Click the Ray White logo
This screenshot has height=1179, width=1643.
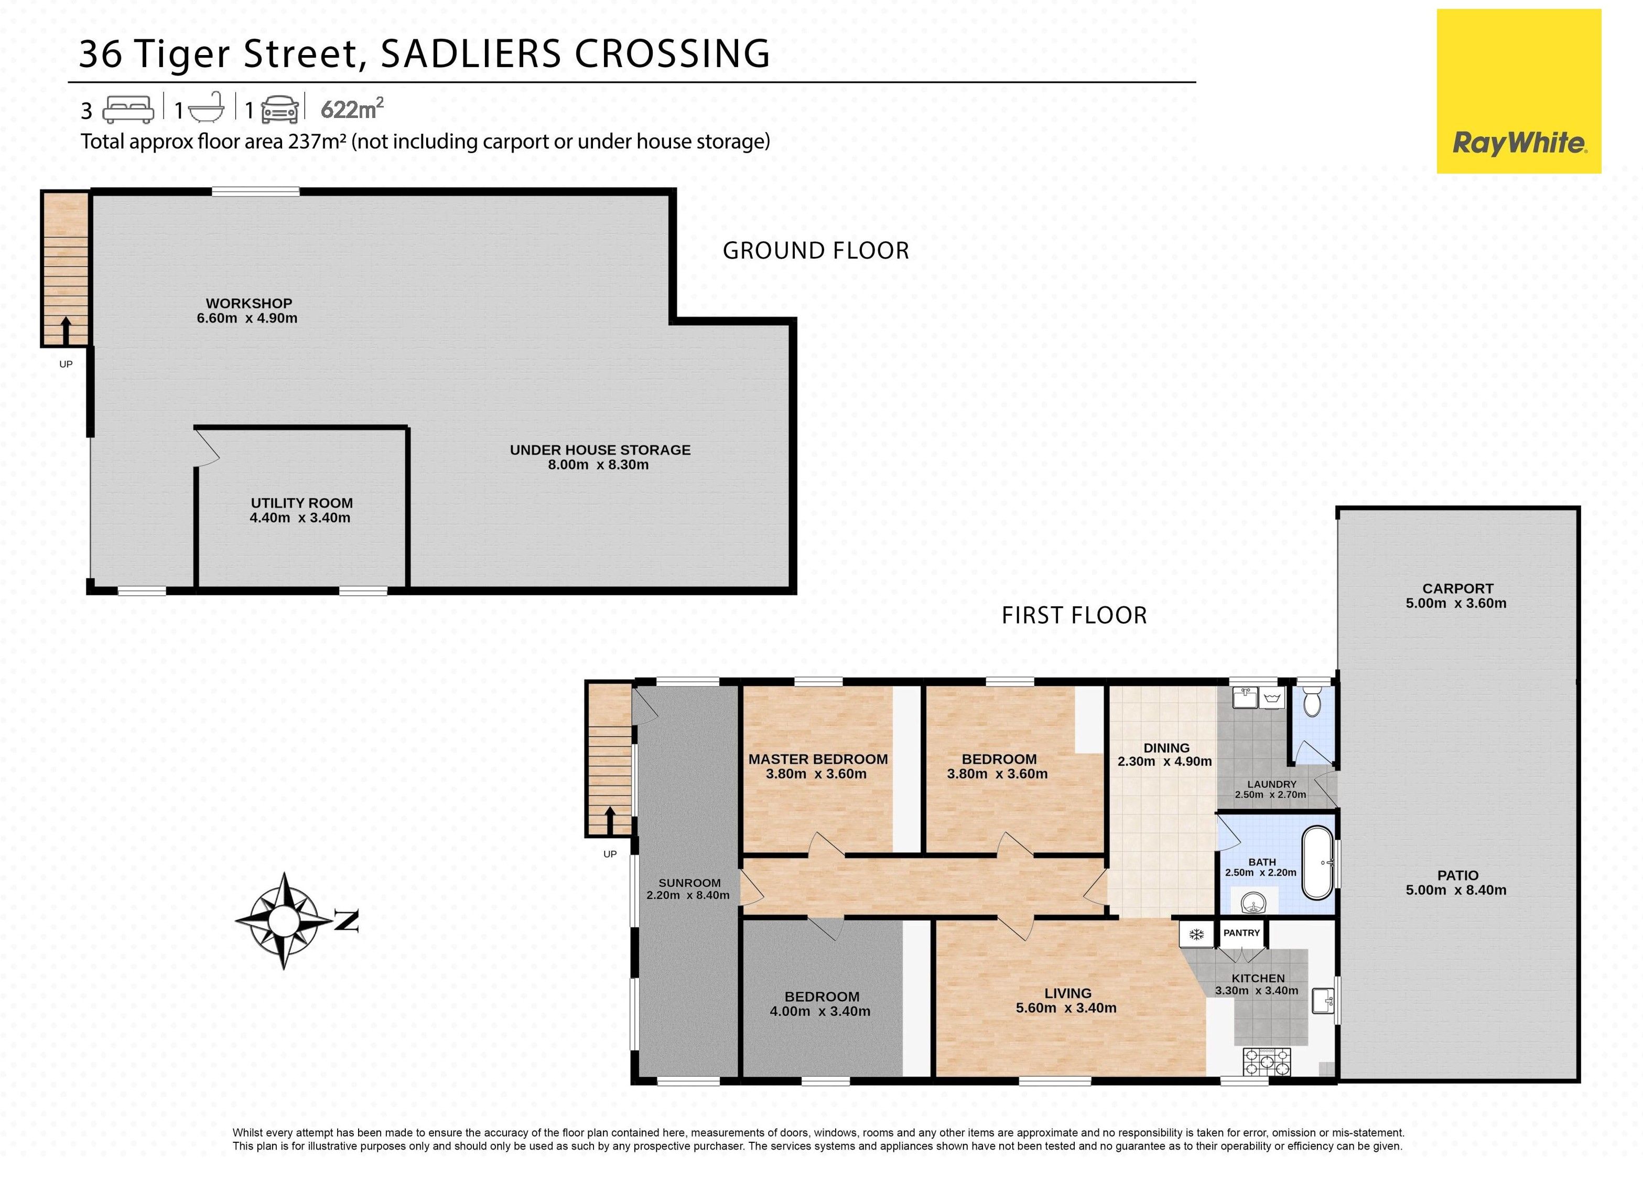coord(1518,91)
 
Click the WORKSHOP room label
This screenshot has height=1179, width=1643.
coord(248,304)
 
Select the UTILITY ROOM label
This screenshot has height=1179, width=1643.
coord(301,503)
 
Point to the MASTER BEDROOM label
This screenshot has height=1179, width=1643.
coord(818,759)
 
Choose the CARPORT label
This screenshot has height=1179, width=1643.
coord(1457,588)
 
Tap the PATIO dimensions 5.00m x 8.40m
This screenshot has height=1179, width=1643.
coord(1456,890)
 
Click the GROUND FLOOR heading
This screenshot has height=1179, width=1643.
coord(816,251)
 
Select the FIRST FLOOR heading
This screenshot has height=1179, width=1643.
coord(1074,615)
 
